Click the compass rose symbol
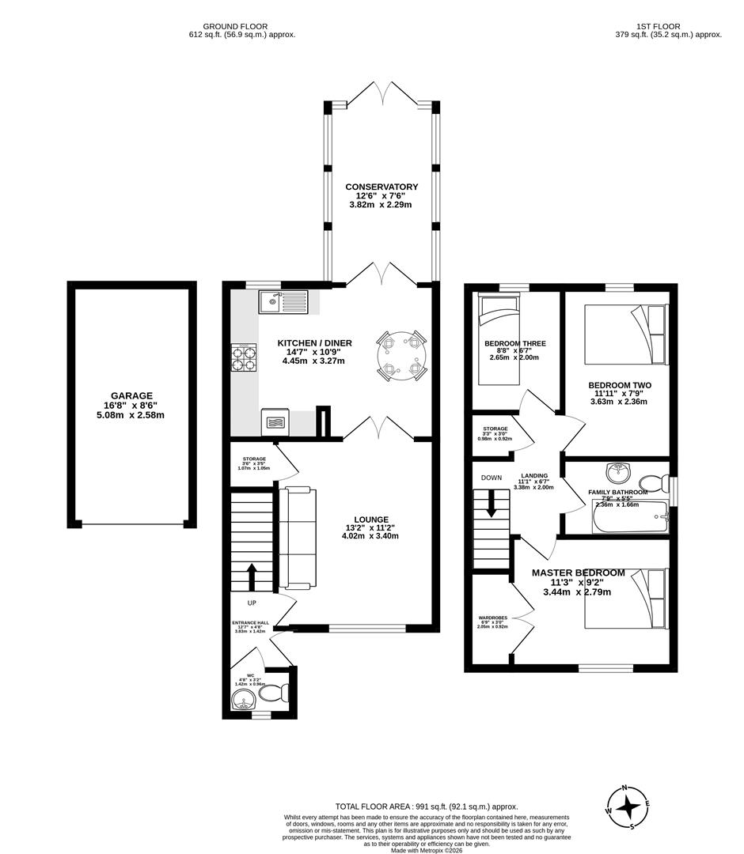coord(629,807)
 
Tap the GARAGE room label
coord(132,396)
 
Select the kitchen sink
coord(283,300)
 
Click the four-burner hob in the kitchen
coord(244,358)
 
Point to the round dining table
coord(401,355)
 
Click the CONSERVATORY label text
coord(381,187)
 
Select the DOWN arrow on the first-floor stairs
coord(492,503)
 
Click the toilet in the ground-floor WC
coord(273,693)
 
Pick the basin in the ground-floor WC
coord(244,699)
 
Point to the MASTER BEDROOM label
coord(578,572)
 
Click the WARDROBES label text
coord(492,618)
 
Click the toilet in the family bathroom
coord(652,482)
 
